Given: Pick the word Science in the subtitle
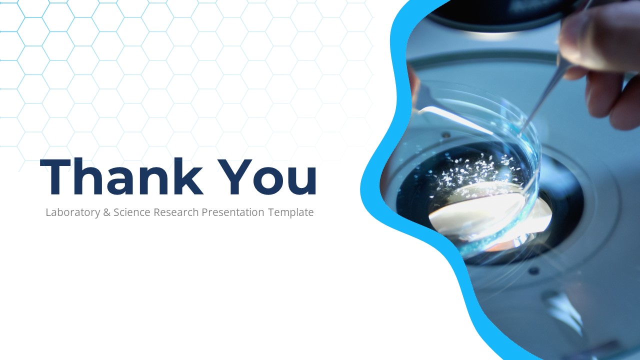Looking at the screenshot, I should (x=132, y=212).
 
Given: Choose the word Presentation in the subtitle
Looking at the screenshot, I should (x=232, y=212).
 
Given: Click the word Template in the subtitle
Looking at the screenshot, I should (x=290, y=212).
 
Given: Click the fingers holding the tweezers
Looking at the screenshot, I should (x=600, y=60).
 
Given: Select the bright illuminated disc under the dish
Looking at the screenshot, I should (x=480, y=212).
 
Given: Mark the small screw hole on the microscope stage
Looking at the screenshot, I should (x=534, y=270).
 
